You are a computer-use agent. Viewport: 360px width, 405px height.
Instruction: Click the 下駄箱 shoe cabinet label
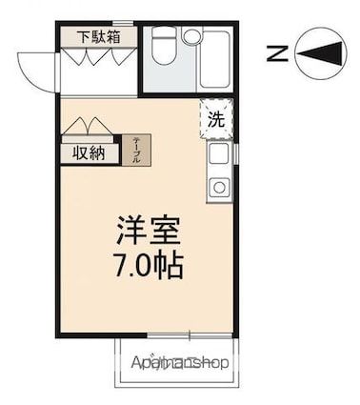tap(99, 37)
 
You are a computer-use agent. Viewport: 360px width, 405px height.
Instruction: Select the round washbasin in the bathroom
tap(191, 37)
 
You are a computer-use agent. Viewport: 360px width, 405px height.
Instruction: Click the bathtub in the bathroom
tap(214, 60)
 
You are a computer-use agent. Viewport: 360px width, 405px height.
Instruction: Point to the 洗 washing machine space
tap(217, 120)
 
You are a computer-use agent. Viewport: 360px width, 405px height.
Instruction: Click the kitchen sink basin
tap(219, 154)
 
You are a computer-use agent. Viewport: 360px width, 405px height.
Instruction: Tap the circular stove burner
tap(219, 185)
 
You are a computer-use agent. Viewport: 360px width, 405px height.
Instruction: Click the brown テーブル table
tap(134, 151)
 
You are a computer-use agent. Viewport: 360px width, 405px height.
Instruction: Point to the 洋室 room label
tap(149, 232)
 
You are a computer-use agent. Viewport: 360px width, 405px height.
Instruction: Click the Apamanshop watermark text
tap(181, 362)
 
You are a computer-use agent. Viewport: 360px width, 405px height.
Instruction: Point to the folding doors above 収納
tap(88, 127)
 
